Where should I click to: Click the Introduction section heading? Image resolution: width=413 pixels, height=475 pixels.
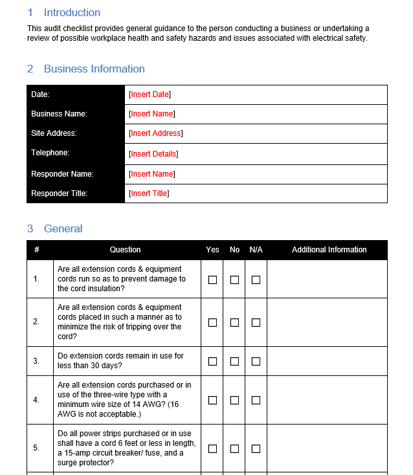click(71, 12)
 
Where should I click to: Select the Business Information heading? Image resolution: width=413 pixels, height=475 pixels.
click(94, 69)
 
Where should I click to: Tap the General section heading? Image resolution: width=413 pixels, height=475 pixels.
click(63, 228)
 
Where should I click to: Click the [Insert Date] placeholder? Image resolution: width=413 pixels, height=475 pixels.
click(150, 94)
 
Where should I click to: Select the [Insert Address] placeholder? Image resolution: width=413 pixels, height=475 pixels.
click(155, 133)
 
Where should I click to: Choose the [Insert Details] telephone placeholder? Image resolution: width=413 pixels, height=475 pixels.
click(153, 154)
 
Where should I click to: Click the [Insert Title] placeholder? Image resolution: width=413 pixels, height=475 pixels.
click(149, 193)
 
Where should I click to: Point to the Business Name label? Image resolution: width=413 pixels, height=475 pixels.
click(59, 114)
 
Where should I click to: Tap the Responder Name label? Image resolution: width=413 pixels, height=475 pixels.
click(62, 174)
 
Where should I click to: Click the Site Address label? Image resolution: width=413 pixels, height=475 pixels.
click(54, 133)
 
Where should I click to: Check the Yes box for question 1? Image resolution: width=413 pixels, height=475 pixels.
click(212, 280)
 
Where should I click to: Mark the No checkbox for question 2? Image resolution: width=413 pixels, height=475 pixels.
click(234, 322)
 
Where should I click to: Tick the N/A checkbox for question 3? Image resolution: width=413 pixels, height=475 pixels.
click(256, 361)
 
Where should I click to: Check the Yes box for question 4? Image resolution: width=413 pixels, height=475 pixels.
click(212, 400)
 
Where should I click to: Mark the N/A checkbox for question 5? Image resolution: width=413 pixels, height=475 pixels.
click(256, 448)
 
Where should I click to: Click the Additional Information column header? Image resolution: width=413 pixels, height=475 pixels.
click(329, 250)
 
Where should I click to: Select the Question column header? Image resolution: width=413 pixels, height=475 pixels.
click(125, 250)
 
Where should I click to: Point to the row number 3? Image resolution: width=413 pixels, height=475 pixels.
click(36, 361)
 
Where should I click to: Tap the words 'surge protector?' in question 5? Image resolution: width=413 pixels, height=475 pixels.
click(86, 463)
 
